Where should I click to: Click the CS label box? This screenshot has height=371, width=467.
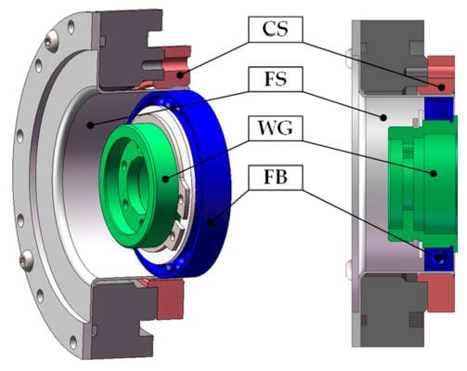tap(275, 29)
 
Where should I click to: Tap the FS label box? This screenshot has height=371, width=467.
tap(275, 79)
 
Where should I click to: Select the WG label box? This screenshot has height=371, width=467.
tap(275, 128)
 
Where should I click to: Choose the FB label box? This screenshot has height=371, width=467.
tap(275, 178)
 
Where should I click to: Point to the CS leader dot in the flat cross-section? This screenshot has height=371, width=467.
tap(442, 87)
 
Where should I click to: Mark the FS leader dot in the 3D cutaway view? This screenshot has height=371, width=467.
tap(90, 126)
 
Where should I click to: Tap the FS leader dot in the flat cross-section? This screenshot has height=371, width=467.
tap(383, 117)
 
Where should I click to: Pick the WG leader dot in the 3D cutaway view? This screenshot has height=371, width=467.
tap(165, 179)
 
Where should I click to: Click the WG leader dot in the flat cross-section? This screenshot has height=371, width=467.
tap(434, 174)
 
